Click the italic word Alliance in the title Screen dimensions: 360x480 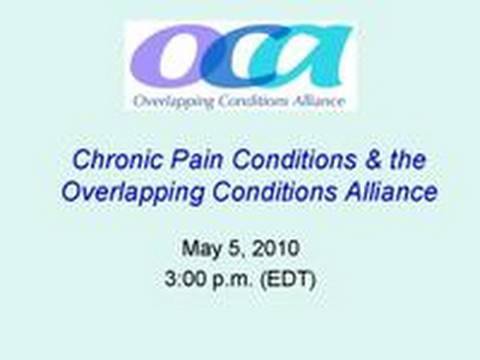(x=378, y=191)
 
